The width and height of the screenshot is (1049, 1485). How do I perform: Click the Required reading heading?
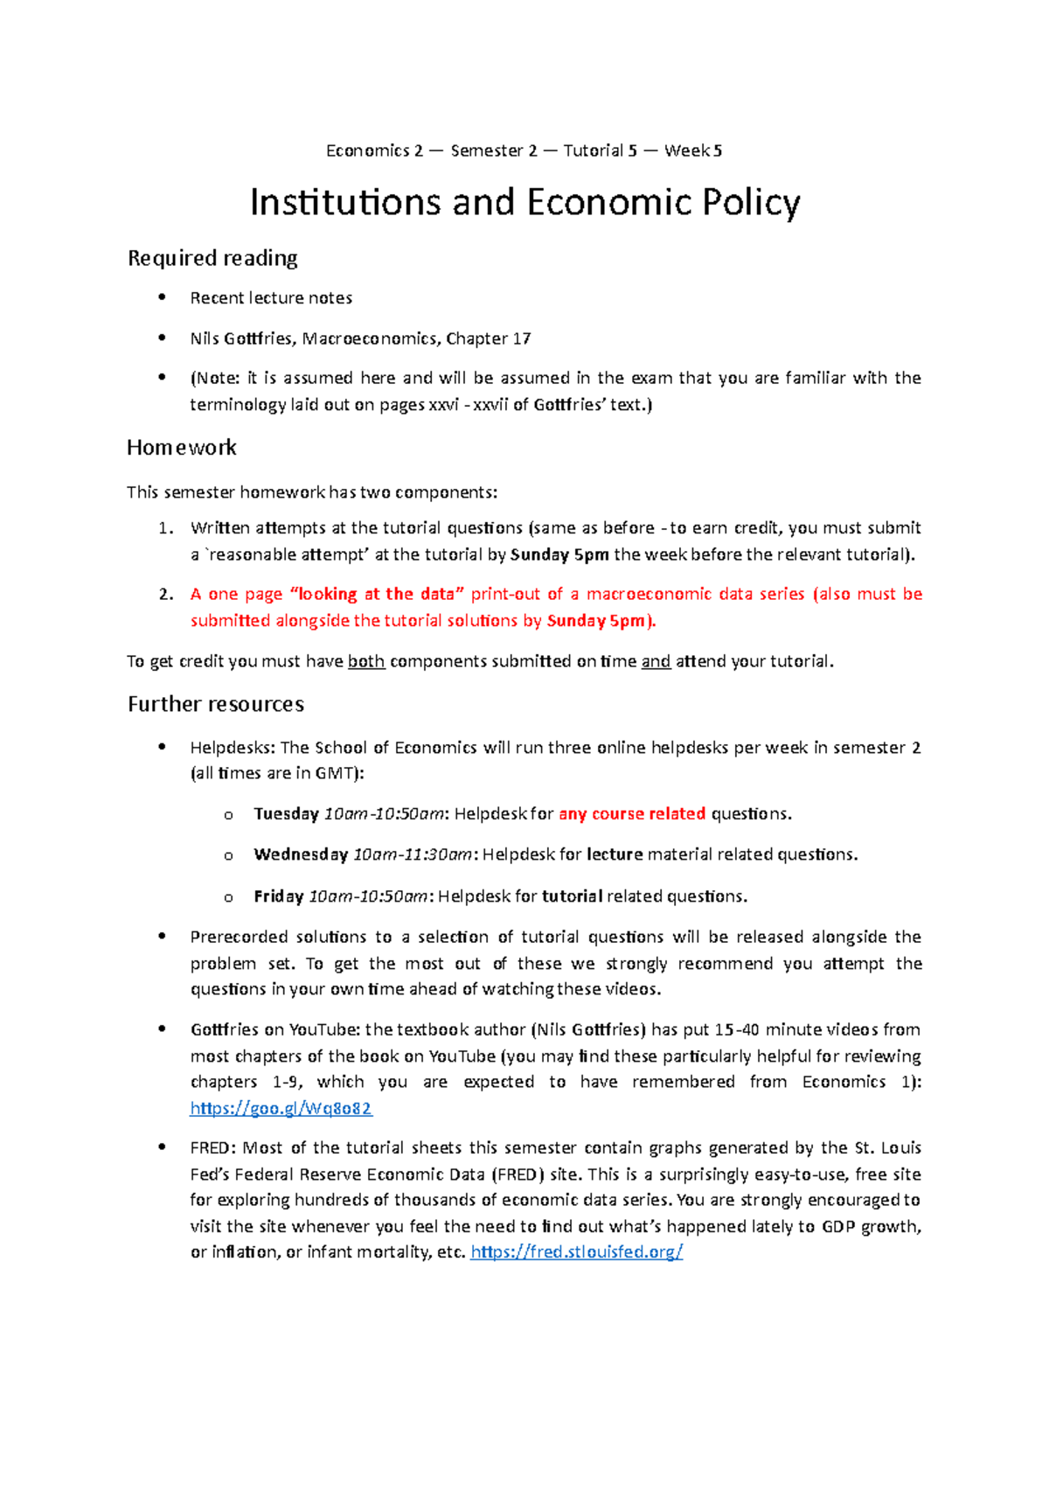212,258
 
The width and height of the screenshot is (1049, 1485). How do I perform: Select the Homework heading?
182,448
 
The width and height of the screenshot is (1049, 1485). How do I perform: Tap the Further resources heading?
216,704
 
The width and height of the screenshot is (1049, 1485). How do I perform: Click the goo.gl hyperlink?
281,1108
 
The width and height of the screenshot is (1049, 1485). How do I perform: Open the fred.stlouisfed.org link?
576,1251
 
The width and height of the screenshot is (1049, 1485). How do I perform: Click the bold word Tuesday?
286,814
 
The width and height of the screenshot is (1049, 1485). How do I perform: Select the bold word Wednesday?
301,854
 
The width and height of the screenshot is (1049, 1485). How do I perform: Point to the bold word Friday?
278,896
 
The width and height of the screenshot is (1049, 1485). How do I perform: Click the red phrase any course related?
632,814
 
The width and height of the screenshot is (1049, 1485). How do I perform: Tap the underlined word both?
366,662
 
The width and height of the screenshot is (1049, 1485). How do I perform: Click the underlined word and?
656,662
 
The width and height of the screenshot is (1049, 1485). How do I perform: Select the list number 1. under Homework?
166,528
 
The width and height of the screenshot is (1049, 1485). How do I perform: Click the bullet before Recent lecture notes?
162,297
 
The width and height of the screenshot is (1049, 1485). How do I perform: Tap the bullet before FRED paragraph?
162,1147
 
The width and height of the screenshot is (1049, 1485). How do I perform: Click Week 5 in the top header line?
693,150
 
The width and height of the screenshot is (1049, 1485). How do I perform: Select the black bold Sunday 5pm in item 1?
559,554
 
